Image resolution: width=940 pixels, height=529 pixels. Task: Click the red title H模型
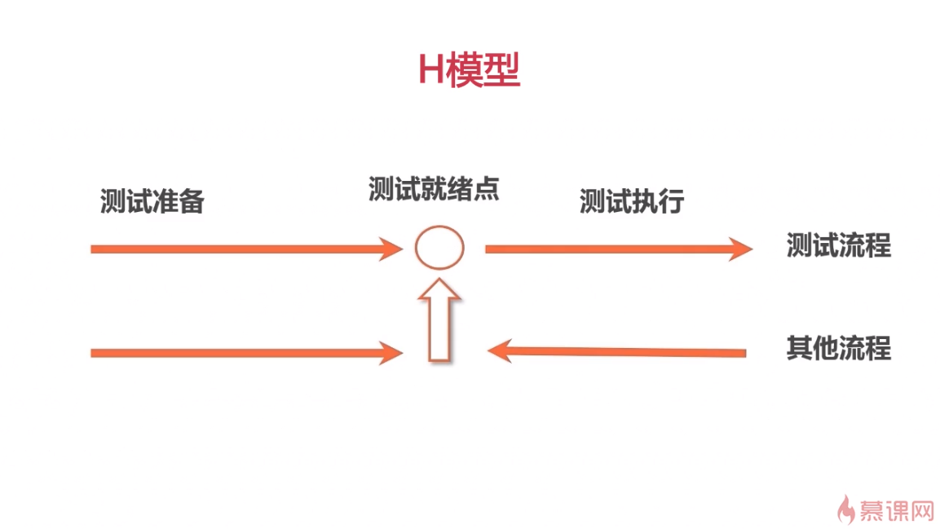[469, 70]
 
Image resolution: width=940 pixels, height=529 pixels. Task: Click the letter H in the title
[431, 70]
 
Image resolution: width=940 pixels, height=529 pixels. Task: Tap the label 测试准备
[152, 201]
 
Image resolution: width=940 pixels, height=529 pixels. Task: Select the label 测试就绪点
[434, 189]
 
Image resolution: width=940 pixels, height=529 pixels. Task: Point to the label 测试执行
[632, 201]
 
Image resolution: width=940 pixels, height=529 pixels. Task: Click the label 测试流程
[839, 245]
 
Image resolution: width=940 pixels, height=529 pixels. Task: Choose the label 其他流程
[839, 348]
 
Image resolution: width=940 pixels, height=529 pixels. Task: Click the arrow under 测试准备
[246, 249]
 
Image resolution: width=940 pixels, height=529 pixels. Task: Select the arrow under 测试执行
[619, 249]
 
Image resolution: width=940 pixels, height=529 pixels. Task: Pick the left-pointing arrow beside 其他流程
[616, 351]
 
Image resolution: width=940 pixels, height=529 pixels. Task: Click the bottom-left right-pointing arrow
[246, 354]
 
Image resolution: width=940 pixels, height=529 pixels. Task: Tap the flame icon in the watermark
[846, 509]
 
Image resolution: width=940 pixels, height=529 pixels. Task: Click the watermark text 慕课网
[897, 511]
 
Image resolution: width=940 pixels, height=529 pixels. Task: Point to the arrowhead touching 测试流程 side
[742, 249]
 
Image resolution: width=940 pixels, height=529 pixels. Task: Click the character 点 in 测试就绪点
[487, 189]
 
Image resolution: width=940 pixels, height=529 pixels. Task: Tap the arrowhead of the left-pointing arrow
[499, 351]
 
